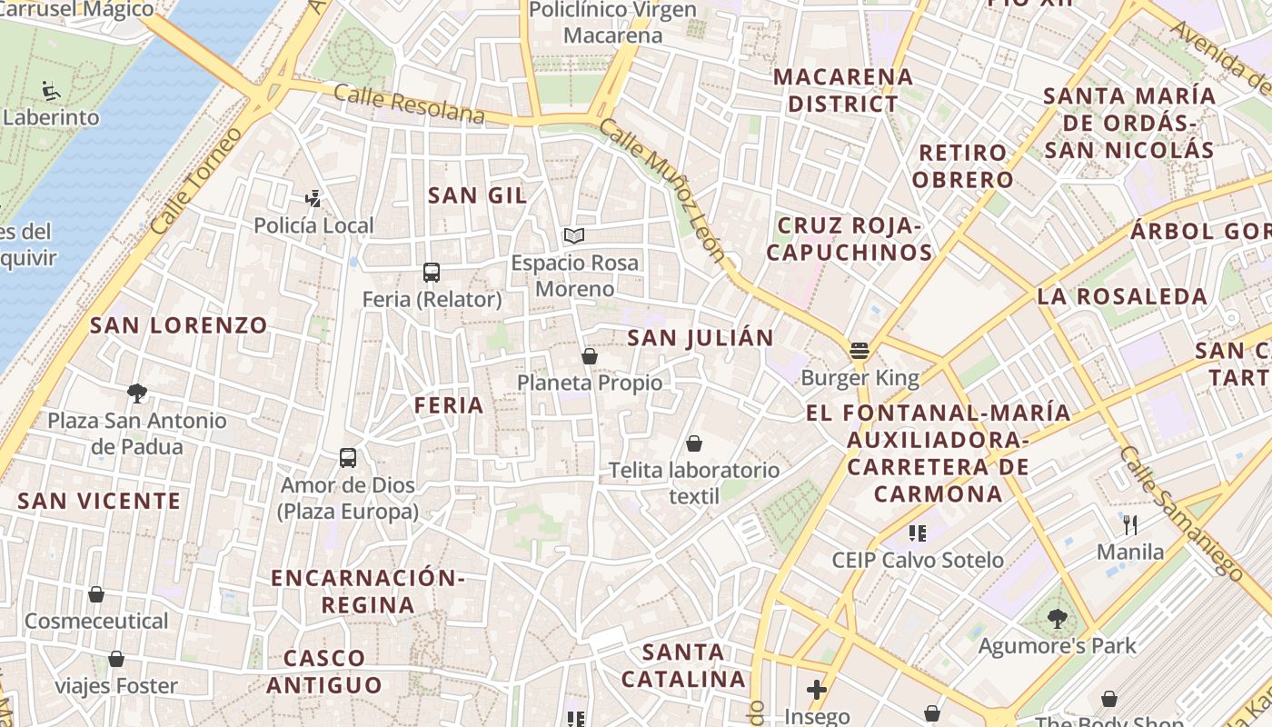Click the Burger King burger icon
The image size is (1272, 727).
point(860,350)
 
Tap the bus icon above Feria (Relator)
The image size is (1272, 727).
point(432,272)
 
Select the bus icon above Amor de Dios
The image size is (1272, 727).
point(348,457)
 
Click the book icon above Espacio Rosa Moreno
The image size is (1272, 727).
point(573,236)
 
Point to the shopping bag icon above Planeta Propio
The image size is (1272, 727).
point(590,355)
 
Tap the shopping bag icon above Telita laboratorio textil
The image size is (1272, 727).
point(694,443)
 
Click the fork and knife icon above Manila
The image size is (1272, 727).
point(1130,524)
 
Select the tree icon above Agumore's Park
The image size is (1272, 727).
point(1057,619)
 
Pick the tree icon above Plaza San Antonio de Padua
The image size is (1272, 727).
point(137,393)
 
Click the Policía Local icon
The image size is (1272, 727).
point(313,198)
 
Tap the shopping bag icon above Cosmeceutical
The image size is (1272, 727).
point(96,594)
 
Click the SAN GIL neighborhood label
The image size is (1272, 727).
point(477,195)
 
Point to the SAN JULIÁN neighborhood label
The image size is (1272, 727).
point(701,338)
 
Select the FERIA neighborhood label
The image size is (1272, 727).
point(449,405)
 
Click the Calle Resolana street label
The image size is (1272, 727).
point(409,104)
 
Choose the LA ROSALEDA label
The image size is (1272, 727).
point(1122,296)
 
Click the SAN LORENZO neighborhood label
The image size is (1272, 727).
point(179,325)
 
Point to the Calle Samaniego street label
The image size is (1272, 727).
point(1180,513)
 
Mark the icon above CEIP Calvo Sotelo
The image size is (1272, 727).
point(918,533)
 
